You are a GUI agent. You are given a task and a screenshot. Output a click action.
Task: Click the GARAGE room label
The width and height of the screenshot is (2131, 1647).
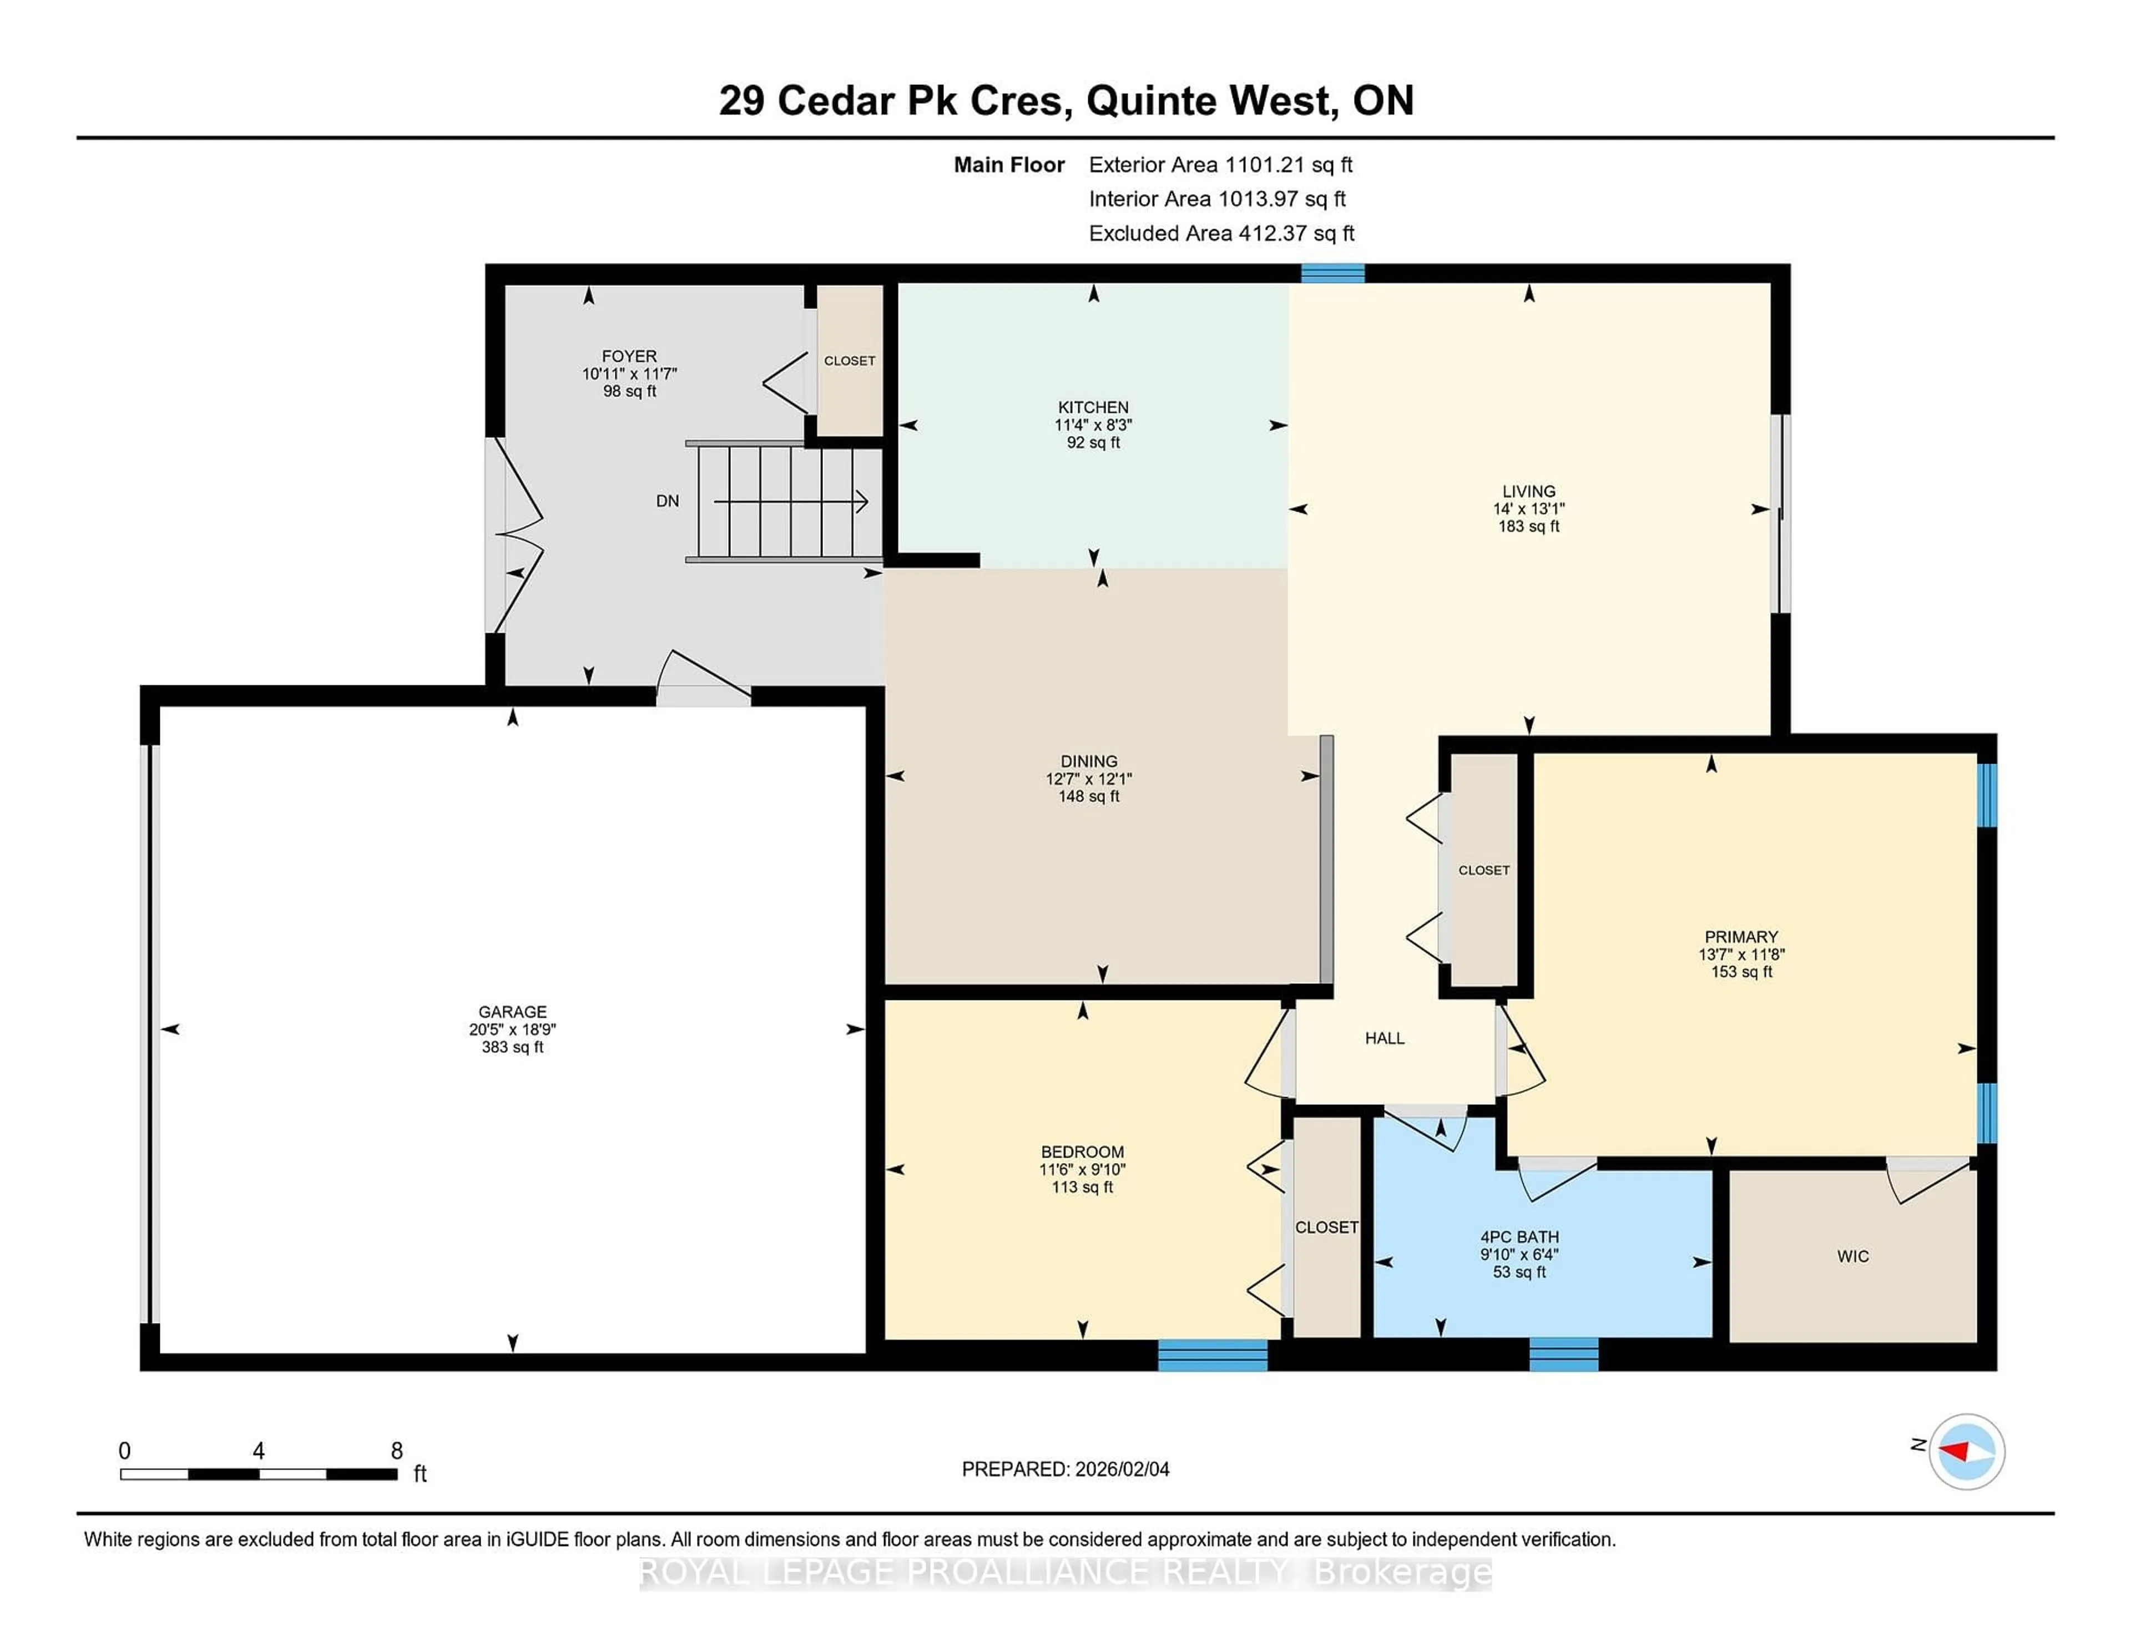tap(512, 1012)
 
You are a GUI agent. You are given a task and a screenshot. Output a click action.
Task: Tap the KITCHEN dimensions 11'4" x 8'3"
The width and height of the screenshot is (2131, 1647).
tap(1093, 425)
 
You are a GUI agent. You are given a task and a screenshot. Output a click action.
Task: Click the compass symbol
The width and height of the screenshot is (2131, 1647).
tap(1966, 1452)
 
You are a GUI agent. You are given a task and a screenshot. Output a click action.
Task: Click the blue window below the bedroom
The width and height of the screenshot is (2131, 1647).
tap(1212, 1355)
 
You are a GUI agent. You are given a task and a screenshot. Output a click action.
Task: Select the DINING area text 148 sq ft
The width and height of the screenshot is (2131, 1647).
tap(1089, 796)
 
